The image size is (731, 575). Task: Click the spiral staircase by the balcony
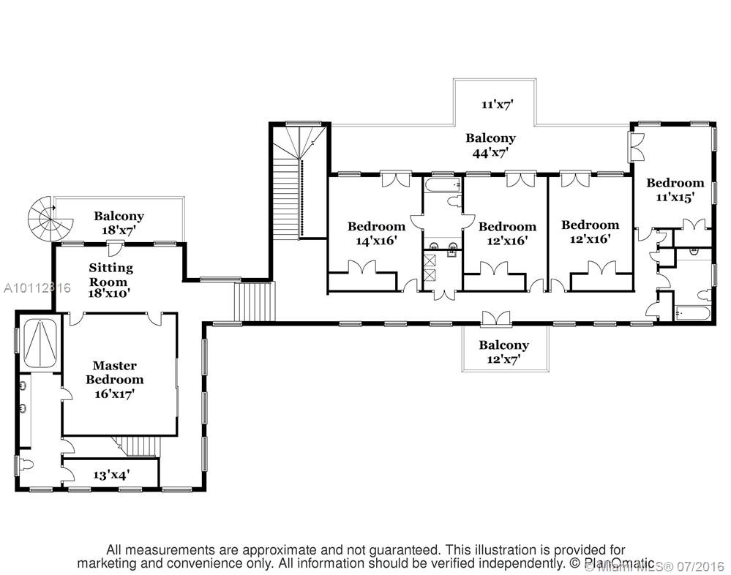pos(45,217)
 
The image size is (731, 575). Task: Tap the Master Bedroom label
pos(115,379)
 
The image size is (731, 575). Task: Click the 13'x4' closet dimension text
pos(111,474)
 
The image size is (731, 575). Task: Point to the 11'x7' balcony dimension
pos(497,104)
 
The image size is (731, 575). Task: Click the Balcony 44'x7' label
pos(491,145)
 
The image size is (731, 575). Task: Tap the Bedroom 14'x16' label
pos(376,233)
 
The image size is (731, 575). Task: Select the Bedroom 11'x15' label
pos(675,189)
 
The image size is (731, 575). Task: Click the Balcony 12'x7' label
pos(503,351)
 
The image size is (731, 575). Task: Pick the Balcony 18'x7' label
pos(119,222)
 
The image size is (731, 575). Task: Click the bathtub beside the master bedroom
pos(42,343)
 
